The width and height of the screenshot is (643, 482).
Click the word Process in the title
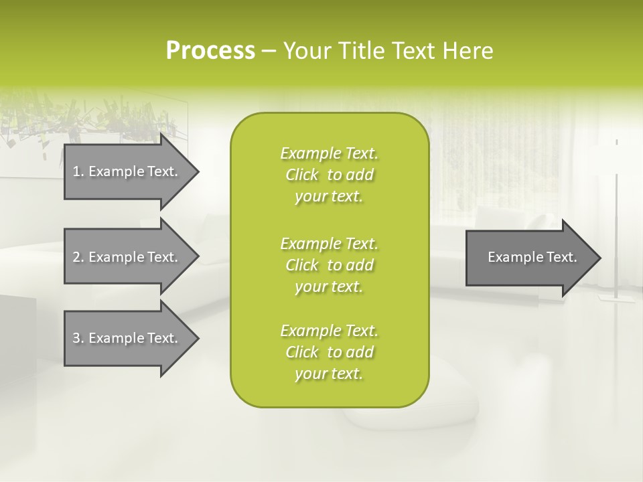210,51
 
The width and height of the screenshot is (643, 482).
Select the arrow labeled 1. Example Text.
127,171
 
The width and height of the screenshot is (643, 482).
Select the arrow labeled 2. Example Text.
127,257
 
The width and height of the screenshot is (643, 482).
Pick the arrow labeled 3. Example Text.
127,338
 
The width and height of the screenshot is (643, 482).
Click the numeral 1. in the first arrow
78,171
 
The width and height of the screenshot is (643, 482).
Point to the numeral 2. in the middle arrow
78,257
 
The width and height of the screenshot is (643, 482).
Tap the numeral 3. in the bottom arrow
78,338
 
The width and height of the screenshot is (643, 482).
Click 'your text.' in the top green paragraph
329,196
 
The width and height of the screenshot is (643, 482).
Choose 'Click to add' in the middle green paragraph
329,265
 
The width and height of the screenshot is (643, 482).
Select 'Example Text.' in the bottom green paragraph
329,331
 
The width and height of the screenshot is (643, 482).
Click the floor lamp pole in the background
616,214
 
